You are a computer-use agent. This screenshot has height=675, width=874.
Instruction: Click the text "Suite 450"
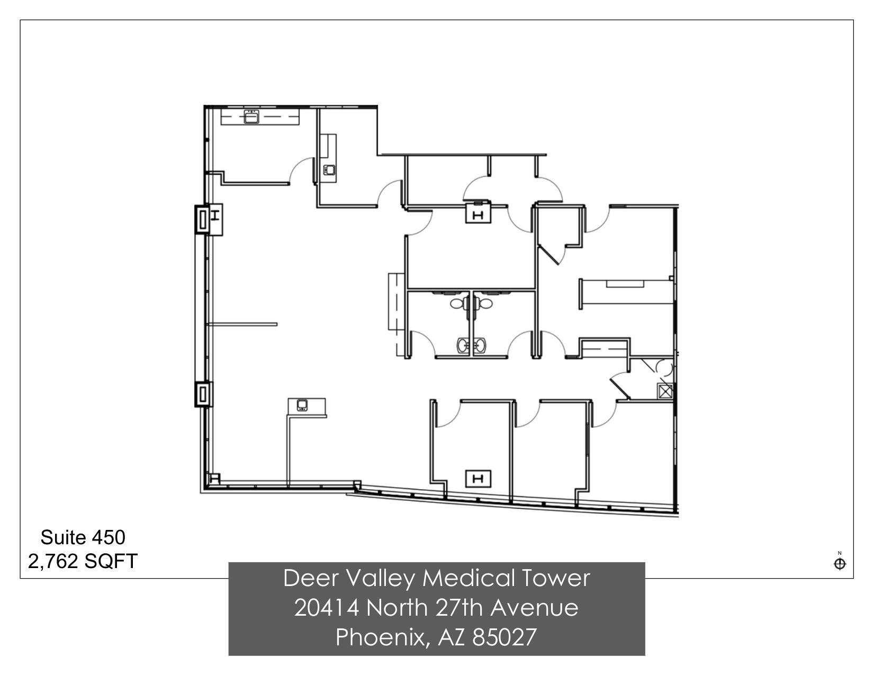tap(83, 537)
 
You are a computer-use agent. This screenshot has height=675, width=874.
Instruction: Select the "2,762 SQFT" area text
tap(83, 561)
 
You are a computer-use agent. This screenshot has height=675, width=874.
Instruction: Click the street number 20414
tap(326, 608)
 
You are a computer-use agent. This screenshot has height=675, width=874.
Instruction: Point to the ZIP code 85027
tap(504, 637)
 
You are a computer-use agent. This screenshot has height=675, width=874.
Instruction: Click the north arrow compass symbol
tap(840, 563)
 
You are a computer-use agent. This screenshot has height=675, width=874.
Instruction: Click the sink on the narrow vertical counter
tap(329, 170)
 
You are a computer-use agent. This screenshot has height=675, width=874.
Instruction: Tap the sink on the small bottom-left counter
tap(302, 406)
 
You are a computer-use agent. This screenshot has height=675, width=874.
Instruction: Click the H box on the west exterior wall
tap(215, 215)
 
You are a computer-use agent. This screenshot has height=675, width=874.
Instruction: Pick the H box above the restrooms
tap(478, 215)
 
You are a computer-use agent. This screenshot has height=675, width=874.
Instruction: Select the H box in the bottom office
tap(478, 479)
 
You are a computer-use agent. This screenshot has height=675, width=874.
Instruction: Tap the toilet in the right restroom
tap(483, 303)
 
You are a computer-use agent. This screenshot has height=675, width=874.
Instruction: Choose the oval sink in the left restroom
tap(464, 346)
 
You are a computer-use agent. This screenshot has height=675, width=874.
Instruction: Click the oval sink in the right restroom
tap(480, 346)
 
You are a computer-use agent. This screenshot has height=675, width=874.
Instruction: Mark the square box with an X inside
tap(664, 391)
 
